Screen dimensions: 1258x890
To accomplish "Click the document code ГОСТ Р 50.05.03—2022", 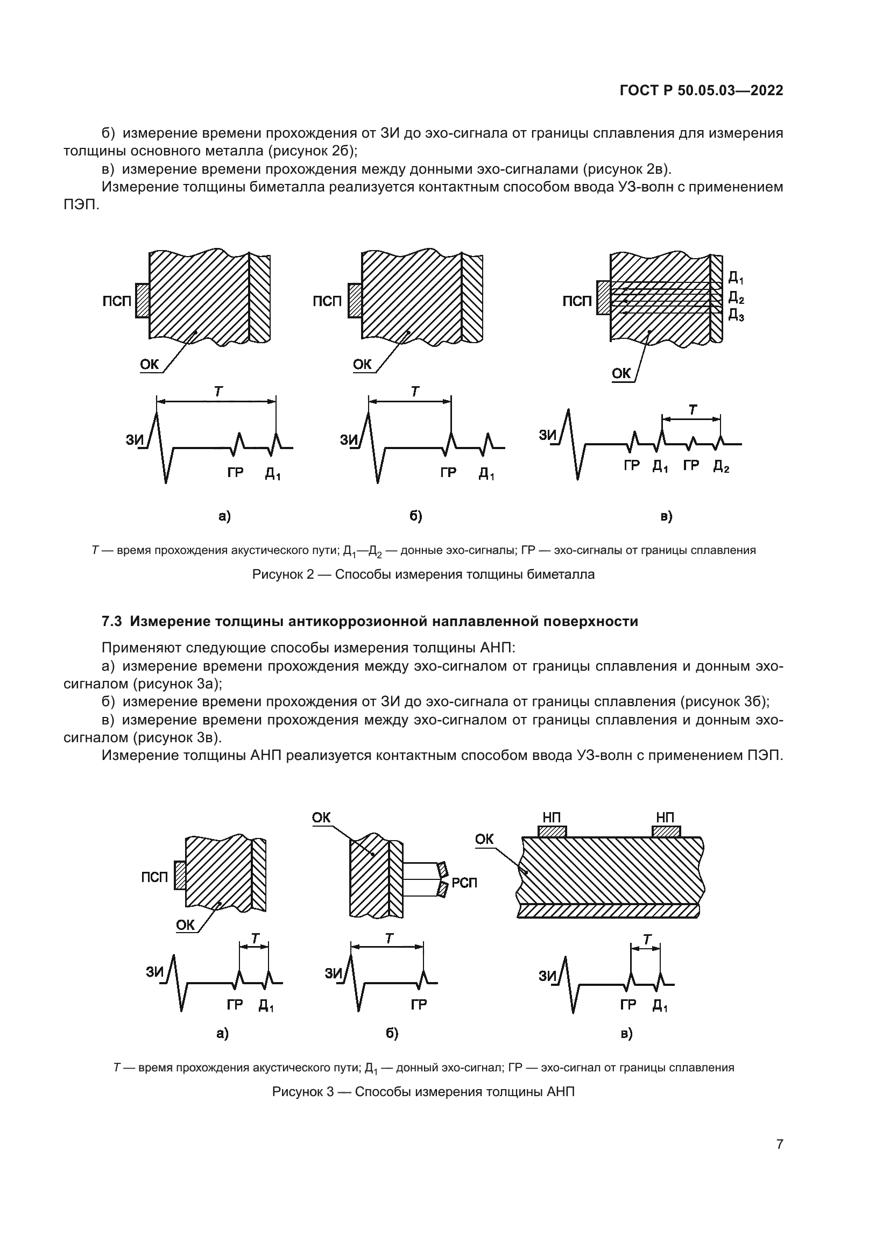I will pos(701,90).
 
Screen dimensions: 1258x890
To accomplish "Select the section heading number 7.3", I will pos(112,621).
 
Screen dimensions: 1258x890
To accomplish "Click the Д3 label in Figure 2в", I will pos(736,315).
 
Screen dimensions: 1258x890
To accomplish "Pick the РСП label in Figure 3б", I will pos(464,883).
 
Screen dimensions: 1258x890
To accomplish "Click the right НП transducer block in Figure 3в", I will pos(666,831).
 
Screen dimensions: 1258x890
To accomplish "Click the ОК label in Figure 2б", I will pos(362,364).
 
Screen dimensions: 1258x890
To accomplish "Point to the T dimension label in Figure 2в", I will pos(693,409).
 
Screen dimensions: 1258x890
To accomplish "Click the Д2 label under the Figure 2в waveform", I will pos(721,466).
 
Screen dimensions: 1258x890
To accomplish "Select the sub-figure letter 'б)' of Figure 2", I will pos(415,516).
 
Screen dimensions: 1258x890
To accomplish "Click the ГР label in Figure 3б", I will pos(419,1004).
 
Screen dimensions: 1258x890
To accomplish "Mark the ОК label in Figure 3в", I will pos(484,839).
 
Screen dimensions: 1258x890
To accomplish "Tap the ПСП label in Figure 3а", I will pos(154,877).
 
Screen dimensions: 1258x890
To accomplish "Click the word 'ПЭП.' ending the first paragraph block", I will pos(81,205).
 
